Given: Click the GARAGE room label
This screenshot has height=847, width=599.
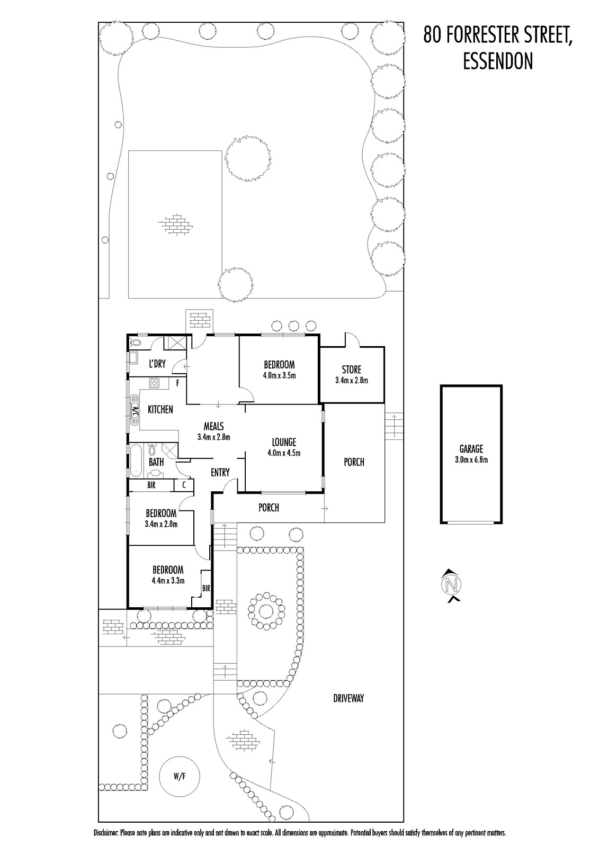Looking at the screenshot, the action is point(471,449).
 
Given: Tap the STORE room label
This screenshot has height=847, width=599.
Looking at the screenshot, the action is point(352,370).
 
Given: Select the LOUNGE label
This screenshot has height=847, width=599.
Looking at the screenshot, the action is point(284,442).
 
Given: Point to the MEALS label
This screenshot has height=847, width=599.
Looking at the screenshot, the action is point(214,426).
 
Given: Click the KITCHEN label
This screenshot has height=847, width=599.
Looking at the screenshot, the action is point(160,409).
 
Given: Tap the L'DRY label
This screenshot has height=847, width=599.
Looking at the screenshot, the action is point(157,364).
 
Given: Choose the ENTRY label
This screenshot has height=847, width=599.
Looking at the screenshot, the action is point(220,472).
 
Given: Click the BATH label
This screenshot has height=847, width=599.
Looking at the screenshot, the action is point(156,462).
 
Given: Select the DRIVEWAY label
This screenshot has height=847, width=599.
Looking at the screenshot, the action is point(348,698).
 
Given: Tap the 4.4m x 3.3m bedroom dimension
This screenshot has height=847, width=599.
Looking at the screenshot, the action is point(168,581).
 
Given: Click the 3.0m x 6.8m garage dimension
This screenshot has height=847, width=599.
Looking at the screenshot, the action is point(471,460).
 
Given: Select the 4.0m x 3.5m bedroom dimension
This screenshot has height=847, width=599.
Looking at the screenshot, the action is point(279,376).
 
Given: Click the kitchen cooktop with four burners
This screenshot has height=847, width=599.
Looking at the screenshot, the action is point(154,383).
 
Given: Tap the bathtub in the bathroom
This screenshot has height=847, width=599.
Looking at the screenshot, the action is point(136,460).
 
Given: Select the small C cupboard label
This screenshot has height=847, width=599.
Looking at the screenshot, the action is point(184,485).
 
